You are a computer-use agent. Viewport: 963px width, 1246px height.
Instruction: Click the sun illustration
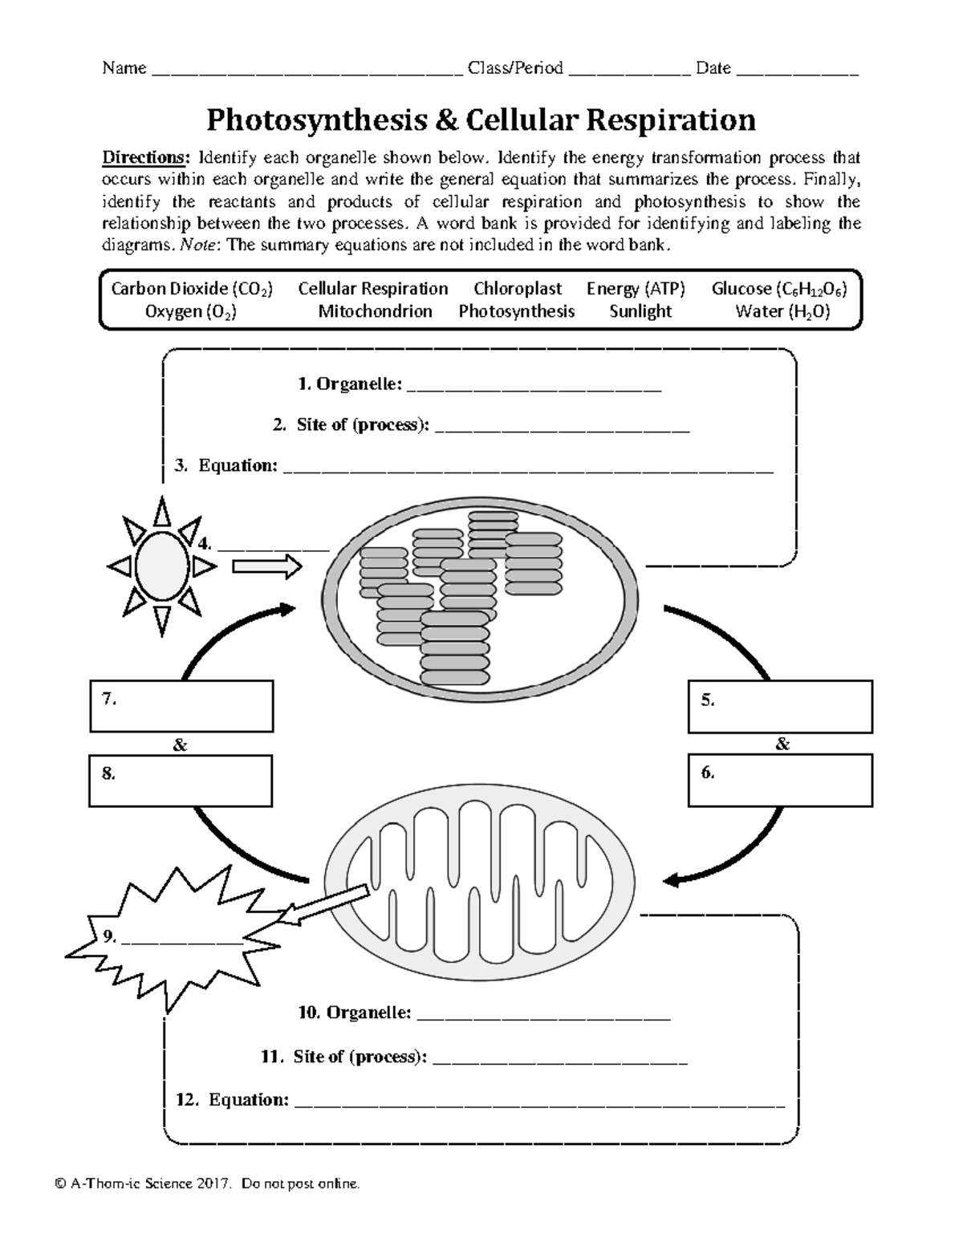click(x=162, y=566)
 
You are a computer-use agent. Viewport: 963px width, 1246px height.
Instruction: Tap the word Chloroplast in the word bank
click(x=518, y=289)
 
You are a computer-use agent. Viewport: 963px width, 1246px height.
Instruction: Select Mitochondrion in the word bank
click(x=375, y=311)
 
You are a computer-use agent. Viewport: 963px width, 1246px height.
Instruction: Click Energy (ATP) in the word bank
click(x=636, y=289)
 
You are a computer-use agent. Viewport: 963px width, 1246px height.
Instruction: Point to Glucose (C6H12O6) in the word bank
click(x=779, y=289)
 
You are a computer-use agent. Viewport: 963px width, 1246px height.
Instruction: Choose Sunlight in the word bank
click(x=640, y=311)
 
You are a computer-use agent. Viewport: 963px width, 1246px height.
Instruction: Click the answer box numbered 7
click(x=181, y=706)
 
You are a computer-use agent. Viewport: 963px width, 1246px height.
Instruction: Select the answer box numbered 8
click(x=181, y=781)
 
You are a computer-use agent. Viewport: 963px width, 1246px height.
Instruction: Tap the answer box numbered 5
click(x=780, y=707)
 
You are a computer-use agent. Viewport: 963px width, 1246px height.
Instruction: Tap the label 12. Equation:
click(x=232, y=1100)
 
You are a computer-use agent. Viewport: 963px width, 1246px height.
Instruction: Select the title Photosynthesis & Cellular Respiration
click(x=481, y=120)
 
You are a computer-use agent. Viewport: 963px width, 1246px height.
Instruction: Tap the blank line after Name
click(x=307, y=71)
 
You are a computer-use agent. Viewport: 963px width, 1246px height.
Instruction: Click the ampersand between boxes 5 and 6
click(x=782, y=745)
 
